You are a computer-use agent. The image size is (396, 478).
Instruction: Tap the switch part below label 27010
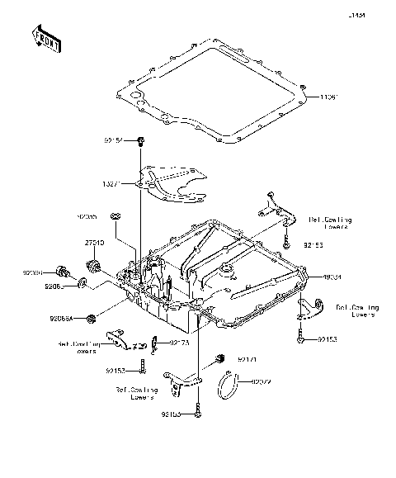coord(93,266)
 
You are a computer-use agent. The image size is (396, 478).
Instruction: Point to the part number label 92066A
coord(60,317)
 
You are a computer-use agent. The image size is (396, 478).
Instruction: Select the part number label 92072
coord(261,381)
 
